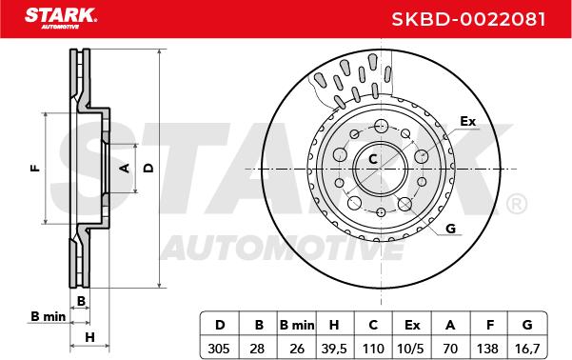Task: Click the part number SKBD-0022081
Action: [468, 19]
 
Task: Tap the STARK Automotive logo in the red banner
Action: [61, 18]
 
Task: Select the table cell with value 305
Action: [219, 349]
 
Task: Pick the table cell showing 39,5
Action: [334, 349]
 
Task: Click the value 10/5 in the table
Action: [411, 349]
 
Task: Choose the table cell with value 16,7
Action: [527, 349]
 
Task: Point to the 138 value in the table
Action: [487, 349]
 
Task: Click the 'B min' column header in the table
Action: [297, 325]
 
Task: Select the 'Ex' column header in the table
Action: [412, 325]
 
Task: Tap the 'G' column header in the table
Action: [527, 325]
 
